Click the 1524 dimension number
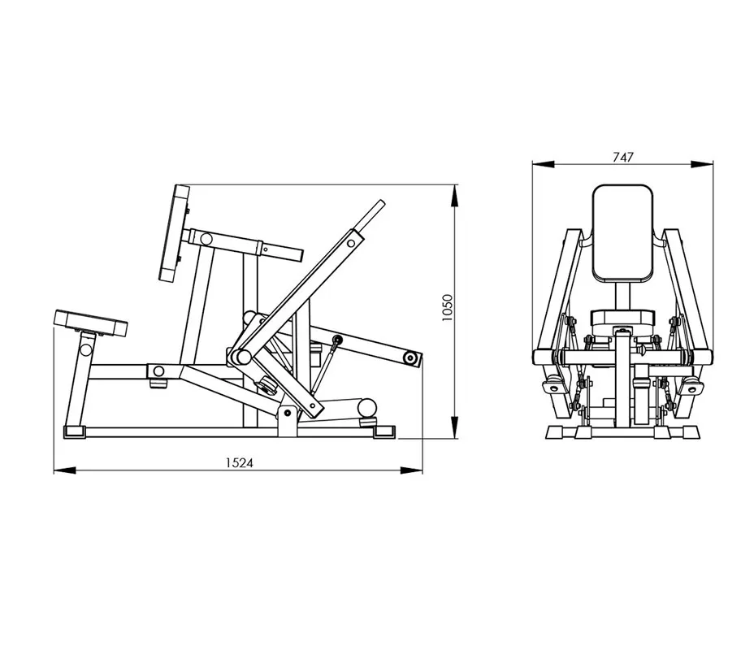[240, 462]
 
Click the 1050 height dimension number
[447, 308]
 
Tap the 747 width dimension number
[622, 157]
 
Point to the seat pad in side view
[91, 323]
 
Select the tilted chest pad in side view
[174, 233]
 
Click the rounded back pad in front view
[622, 234]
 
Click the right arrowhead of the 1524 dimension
[411, 470]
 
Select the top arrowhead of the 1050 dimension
[454, 196]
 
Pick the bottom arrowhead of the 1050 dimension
[454, 427]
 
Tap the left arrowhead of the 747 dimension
[543, 164]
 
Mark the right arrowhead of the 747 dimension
[702, 164]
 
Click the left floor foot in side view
[75, 432]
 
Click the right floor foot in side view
[384, 432]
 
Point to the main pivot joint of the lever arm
[243, 357]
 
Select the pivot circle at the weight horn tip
[410, 358]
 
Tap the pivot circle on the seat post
[86, 349]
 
